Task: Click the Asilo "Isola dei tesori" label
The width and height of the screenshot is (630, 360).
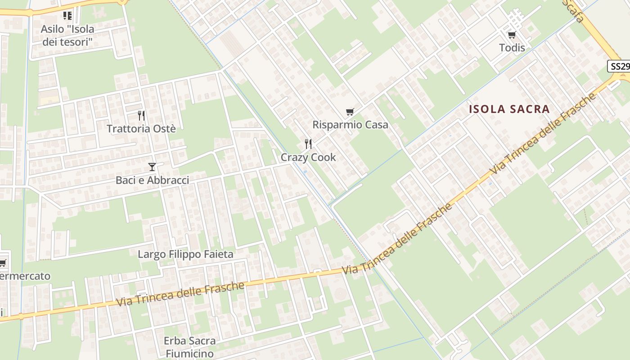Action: (x=67, y=36)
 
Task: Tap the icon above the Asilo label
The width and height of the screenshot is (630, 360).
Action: (x=67, y=16)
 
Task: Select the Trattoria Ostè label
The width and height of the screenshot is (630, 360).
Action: (x=141, y=129)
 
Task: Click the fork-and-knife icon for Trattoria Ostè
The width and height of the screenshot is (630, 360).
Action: (x=141, y=116)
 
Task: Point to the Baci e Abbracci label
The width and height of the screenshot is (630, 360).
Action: (x=152, y=180)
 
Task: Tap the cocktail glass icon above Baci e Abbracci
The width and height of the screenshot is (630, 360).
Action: (x=152, y=167)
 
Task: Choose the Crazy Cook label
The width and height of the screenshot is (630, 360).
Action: (x=308, y=157)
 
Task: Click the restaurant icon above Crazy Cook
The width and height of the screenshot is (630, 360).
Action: (x=308, y=144)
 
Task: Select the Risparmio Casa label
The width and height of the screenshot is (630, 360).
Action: (x=350, y=125)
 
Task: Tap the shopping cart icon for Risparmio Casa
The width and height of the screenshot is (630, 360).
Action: (x=350, y=112)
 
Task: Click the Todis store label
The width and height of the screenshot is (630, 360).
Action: (x=512, y=47)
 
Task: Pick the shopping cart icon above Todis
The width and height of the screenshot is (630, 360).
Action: (x=512, y=35)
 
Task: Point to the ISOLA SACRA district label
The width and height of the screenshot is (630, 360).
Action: (x=509, y=109)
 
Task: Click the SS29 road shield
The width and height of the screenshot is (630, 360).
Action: (x=619, y=67)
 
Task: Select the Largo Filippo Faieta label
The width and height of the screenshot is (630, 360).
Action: (x=185, y=254)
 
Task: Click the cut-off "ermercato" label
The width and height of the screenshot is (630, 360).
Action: (x=25, y=276)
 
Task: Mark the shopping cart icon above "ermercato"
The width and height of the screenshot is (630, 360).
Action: (x=3, y=263)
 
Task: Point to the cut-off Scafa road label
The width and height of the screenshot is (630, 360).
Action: (x=573, y=11)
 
